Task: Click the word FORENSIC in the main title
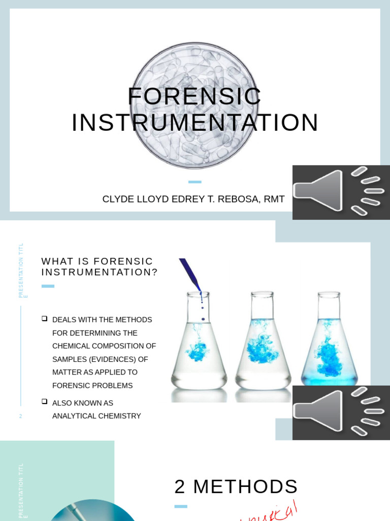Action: tap(194, 97)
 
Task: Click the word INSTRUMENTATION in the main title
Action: tap(195, 123)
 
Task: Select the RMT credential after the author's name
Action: tap(274, 199)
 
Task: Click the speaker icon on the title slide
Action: tap(341, 192)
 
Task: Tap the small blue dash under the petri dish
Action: tap(194, 182)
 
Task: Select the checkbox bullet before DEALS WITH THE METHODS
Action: tap(45, 319)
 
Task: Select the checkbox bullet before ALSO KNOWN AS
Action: tap(45, 401)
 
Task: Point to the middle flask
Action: tap(263, 343)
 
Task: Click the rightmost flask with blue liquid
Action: tap(329, 343)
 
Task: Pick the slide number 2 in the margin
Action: tap(21, 416)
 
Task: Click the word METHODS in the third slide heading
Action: tap(245, 487)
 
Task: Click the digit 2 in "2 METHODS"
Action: tap(180, 487)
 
